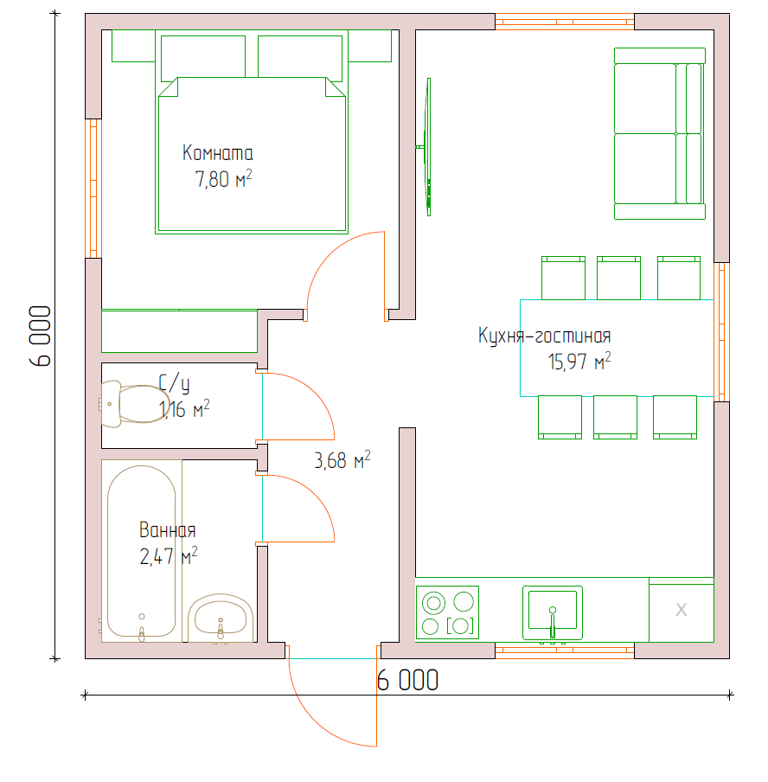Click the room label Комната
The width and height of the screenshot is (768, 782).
click(217, 152)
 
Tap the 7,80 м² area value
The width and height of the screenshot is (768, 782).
click(223, 178)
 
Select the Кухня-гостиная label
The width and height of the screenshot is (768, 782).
click(544, 336)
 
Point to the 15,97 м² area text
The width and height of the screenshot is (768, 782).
click(579, 361)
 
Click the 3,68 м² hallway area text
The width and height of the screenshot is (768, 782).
click(342, 460)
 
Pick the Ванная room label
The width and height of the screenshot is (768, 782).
click(167, 529)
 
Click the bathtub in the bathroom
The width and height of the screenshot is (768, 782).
click(142, 551)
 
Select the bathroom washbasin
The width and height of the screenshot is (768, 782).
click(221, 619)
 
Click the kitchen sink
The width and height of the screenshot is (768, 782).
click(553, 613)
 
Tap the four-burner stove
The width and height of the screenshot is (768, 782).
click(447, 612)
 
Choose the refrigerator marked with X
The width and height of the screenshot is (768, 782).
click(682, 610)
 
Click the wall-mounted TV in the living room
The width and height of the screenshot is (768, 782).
click(427, 147)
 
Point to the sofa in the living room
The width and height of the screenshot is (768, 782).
click(660, 134)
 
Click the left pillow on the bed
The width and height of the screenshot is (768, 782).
click(203, 57)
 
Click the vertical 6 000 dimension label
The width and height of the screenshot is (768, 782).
click(41, 337)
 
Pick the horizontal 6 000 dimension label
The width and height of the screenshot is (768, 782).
click(407, 680)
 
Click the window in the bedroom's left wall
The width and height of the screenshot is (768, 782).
click(93, 189)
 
